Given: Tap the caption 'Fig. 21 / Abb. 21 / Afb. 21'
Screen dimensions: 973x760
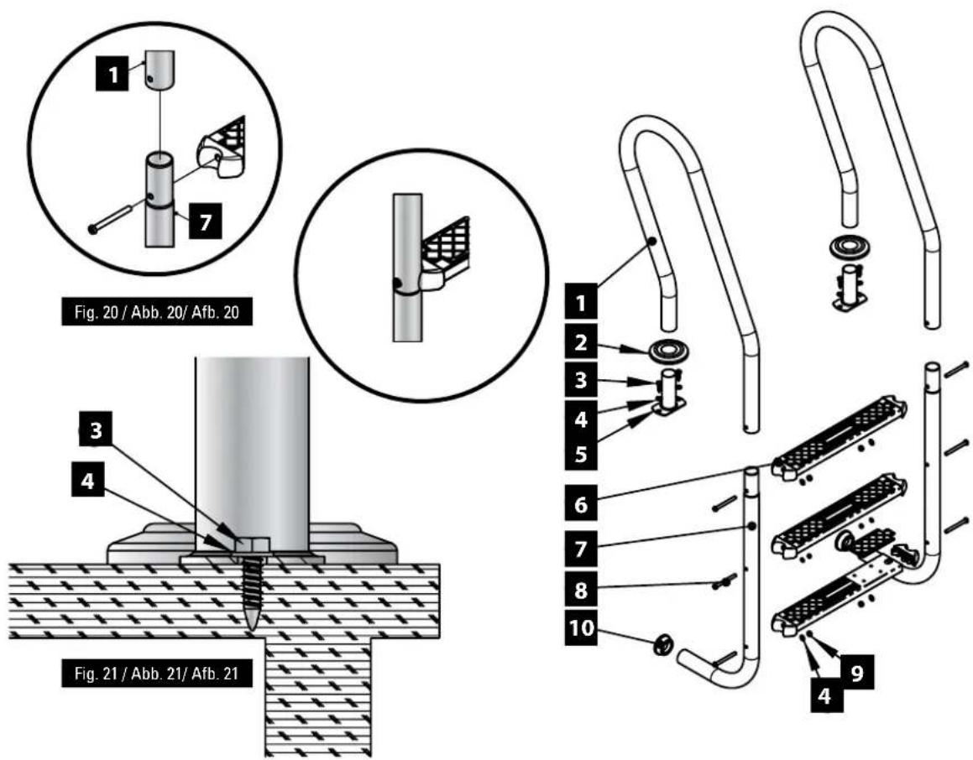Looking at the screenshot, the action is (157, 674).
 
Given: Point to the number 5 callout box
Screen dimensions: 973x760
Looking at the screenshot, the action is (581, 455).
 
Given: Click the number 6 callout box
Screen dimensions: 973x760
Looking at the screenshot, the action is (581, 503).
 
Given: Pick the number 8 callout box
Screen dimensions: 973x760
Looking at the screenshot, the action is (581, 590).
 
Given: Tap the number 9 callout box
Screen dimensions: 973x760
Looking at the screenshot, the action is (857, 672).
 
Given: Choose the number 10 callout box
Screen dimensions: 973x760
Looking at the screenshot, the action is (581, 628).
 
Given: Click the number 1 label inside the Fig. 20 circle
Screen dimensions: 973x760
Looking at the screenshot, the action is (112, 75).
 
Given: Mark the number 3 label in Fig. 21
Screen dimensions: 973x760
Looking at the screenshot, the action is (96, 430).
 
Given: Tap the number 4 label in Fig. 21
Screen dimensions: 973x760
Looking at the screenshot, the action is (88, 480).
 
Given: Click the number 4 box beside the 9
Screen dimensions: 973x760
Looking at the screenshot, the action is (824, 695).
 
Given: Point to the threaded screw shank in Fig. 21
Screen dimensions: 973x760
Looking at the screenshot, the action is (252, 593).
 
